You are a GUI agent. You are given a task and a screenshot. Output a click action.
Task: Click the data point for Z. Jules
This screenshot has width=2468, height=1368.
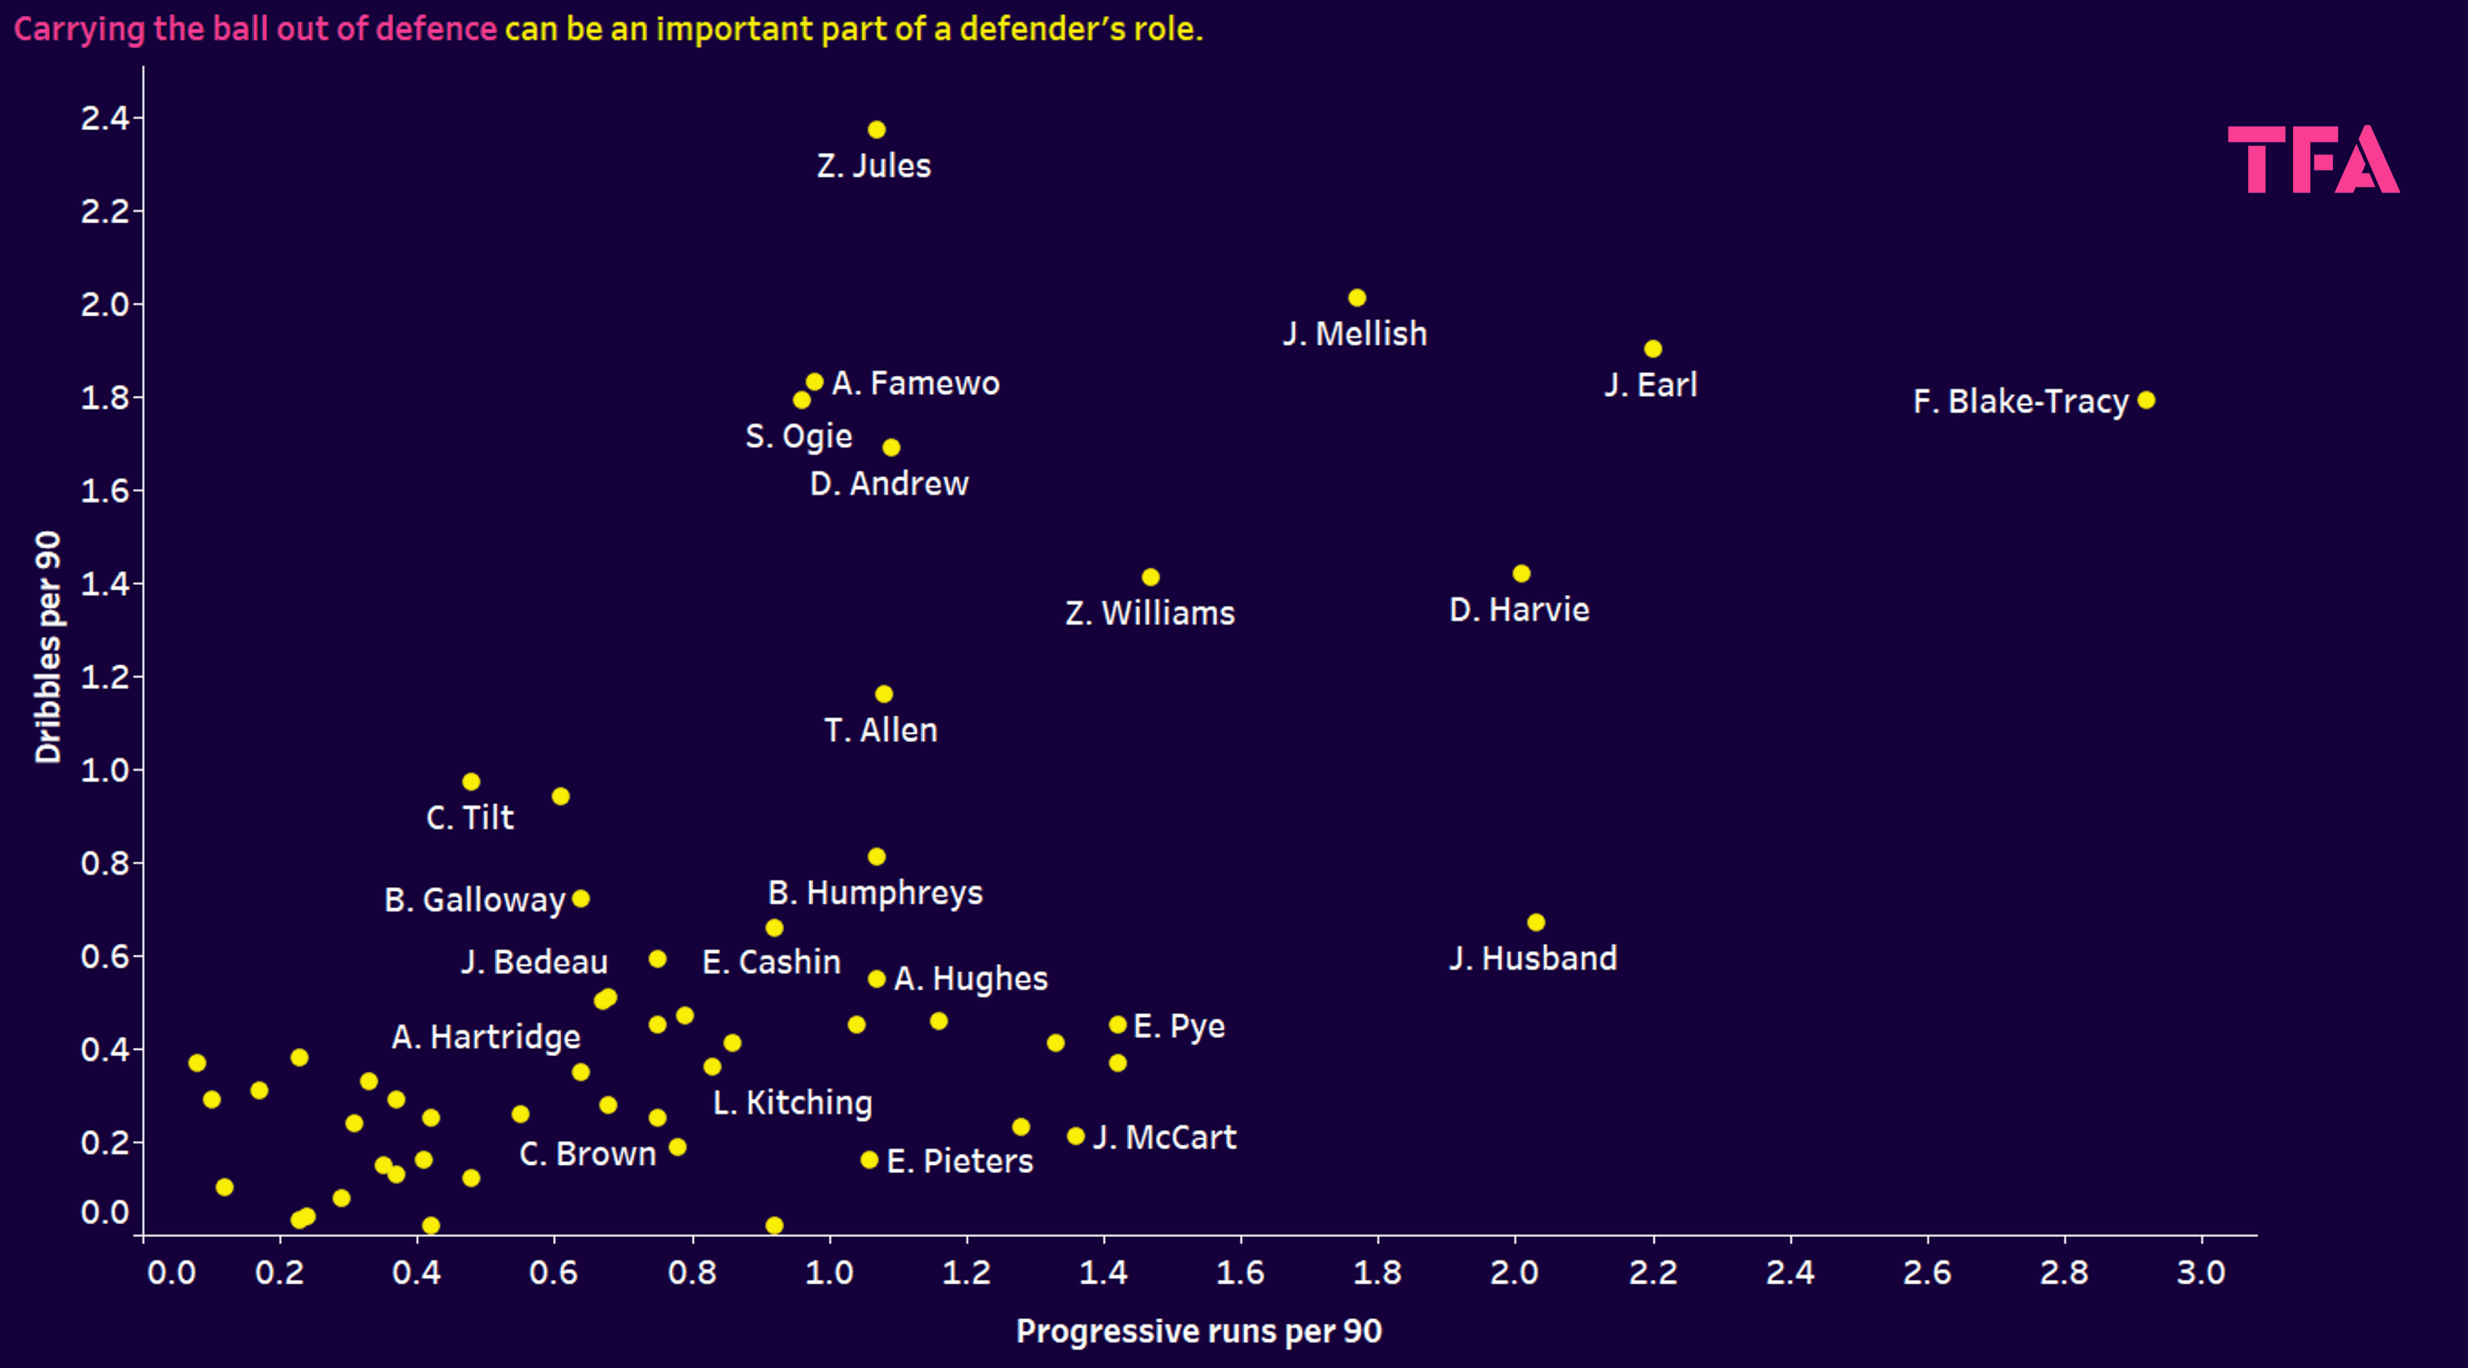pyautogui.click(x=877, y=129)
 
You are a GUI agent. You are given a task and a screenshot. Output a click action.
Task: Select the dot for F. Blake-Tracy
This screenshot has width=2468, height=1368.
pyautogui.click(x=2146, y=400)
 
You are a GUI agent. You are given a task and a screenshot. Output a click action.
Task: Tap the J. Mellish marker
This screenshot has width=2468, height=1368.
pyautogui.click(x=1357, y=298)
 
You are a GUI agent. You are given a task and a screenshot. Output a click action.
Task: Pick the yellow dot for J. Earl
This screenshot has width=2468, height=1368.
pyautogui.click(x=1653, y=349)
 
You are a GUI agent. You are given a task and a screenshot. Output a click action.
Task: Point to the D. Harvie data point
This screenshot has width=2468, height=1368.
pyautogui.click(x=1522, y=574)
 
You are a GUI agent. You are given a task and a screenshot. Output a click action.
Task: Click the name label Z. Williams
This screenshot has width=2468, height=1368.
pyautogui.click(x=1150, y=613)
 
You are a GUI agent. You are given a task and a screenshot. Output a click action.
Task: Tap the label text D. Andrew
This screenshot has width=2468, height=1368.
pyautogui.click(x=889, y=484)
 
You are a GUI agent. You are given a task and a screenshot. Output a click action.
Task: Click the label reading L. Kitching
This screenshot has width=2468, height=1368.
pyautogui.click(x=792, y=1103)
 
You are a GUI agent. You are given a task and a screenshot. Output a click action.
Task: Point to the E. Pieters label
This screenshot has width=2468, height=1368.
pyautogui.click(x=960, y=1161)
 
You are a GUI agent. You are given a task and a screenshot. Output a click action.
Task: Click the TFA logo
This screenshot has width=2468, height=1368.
pyautogui.click(x=2313, y=160)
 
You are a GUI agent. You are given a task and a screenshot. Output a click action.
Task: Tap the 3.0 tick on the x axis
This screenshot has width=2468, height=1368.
pyautogui.click(x=2201, y=1273)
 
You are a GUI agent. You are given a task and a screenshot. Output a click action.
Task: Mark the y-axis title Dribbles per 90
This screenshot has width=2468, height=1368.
pyautogui.click(x=48, y=648)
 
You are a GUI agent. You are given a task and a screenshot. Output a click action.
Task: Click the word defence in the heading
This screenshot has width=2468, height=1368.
pyautogui.click(x=436, y=28)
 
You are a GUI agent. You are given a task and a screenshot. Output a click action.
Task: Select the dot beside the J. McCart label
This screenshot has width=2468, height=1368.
pyautogui.click(x=1076, y=1136)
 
